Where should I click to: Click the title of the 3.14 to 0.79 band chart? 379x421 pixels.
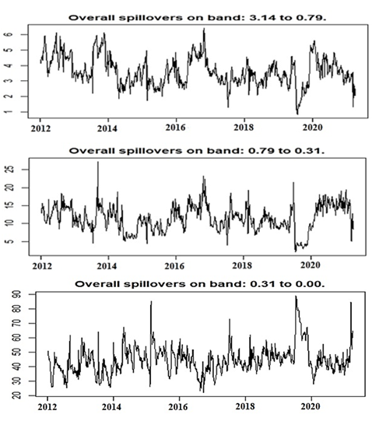tap(198, 18)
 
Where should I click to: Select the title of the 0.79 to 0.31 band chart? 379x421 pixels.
tap(197, 151)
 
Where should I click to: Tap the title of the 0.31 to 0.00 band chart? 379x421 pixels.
tap(200, 284)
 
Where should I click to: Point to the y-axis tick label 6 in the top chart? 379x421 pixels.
tap(9, 35)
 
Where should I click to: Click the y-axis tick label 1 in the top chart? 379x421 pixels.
tap(9, 112)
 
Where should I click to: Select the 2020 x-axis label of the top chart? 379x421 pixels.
tap(312, 127)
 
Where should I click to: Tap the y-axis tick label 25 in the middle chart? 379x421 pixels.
tap(10, 170)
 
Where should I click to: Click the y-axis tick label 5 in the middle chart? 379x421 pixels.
tap(10, 241)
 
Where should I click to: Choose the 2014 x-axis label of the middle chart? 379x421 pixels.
tap(107, 266)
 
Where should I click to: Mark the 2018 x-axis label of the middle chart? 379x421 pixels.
tap(242, 265)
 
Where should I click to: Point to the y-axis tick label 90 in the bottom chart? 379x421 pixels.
tap(16, 294)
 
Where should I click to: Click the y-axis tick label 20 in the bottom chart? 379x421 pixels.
tap(16, 395)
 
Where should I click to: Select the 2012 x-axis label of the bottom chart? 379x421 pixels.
tap(47, 407)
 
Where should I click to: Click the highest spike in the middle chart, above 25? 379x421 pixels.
tap(98, 162)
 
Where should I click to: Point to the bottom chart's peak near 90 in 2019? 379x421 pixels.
tap(296, 296)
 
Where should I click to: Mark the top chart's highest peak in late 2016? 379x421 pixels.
tap(204, 29)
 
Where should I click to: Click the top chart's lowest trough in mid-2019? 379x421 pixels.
tap(297, 114)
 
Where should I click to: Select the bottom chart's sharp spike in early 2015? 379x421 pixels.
tap(151, 302)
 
